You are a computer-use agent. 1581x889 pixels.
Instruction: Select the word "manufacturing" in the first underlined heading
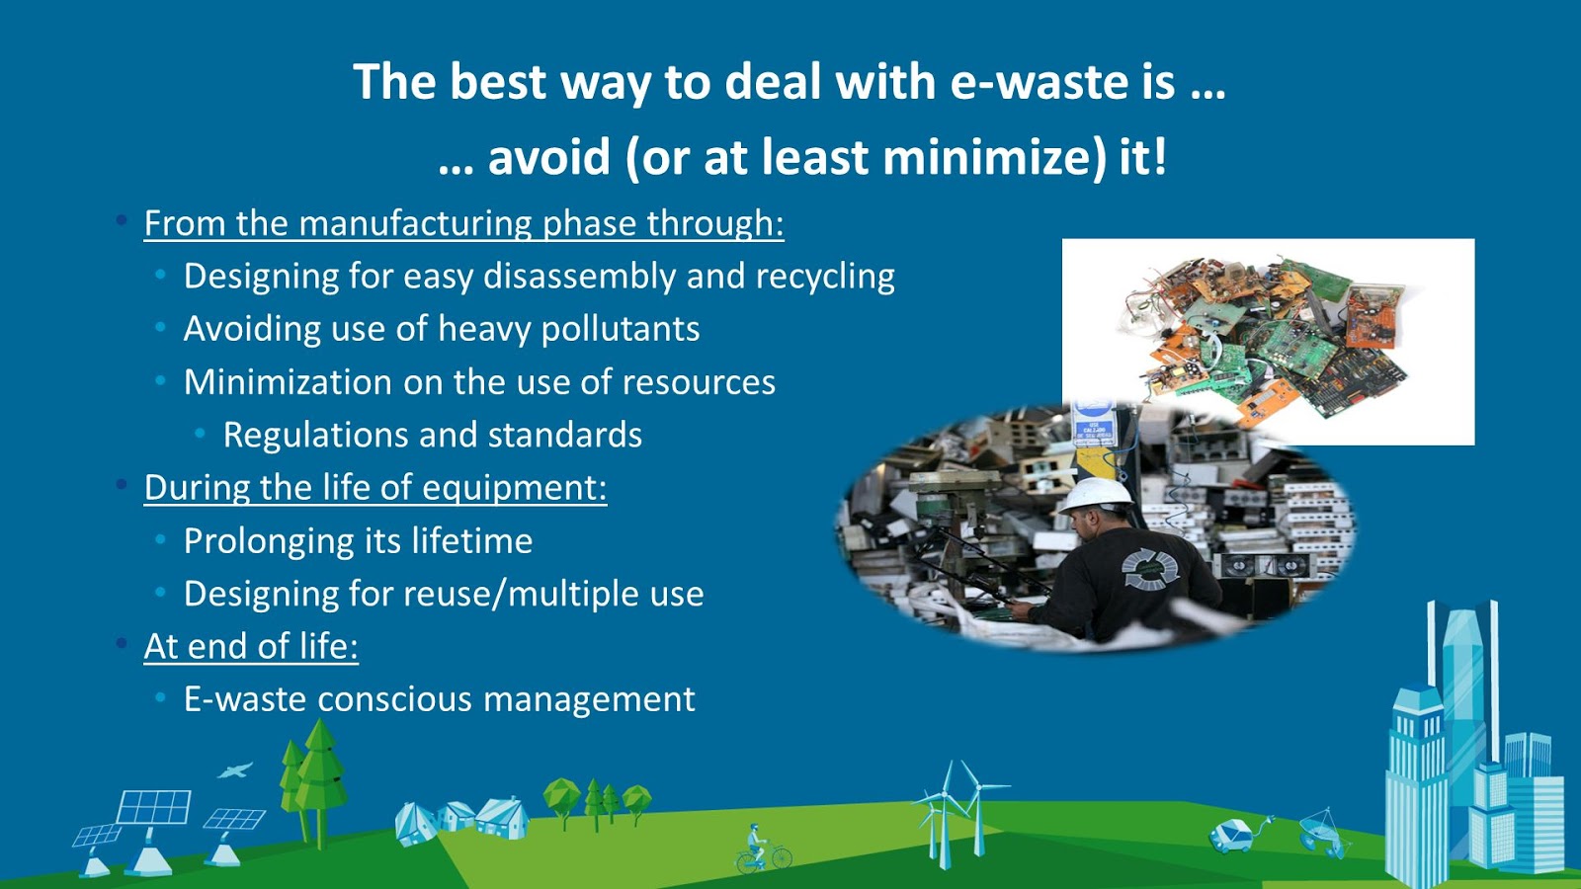point(416,223)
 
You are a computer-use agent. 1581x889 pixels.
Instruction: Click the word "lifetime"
point(471,541)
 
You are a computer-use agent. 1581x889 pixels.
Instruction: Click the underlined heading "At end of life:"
point(251,646)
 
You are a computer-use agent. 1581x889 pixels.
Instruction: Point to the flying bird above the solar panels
point(235,769)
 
